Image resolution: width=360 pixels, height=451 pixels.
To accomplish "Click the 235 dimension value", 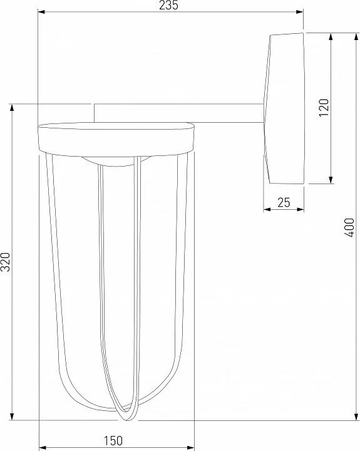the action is tap(169, 5).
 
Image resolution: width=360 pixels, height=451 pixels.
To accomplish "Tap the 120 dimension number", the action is tap(324, 107).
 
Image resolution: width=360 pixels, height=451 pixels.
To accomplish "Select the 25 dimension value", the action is tap(284, 202).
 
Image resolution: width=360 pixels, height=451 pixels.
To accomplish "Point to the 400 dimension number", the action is tap(349, 227).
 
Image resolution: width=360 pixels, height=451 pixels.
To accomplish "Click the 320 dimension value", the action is tap(6, 262).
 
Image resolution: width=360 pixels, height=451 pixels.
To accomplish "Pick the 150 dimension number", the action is tap(113, 440).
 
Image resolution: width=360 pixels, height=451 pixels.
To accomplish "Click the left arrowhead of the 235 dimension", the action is tap(42, 12).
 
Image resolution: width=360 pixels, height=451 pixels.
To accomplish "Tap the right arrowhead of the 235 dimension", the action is tap(300, 12).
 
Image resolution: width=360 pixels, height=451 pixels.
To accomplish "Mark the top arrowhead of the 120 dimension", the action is tap(331, 36).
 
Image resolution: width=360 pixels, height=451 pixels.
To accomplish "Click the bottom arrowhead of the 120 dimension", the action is tap(331, 180).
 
